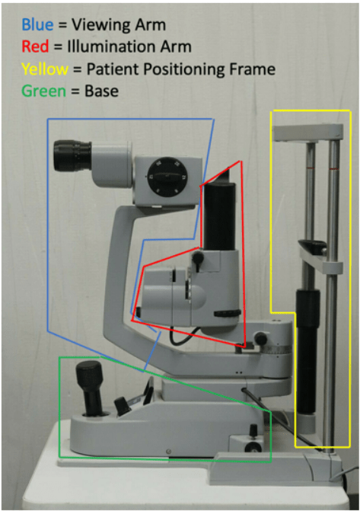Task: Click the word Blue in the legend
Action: click(37, 25)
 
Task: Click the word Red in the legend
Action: click(35, 46)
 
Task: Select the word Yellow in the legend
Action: click(45, 69)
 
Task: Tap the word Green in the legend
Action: click(43, 91)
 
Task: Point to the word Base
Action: click(102, 91)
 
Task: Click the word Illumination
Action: click(110, 46)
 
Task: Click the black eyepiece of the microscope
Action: click(72, 156)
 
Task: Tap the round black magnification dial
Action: click(167, 177)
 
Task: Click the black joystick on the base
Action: click(91, 388)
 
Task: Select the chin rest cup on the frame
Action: click(313, 247)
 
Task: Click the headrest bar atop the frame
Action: click(308, 133)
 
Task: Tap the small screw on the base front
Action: click(168, 452)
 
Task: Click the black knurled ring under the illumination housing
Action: click(227, 314)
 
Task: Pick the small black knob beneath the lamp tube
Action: click(198, 258)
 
